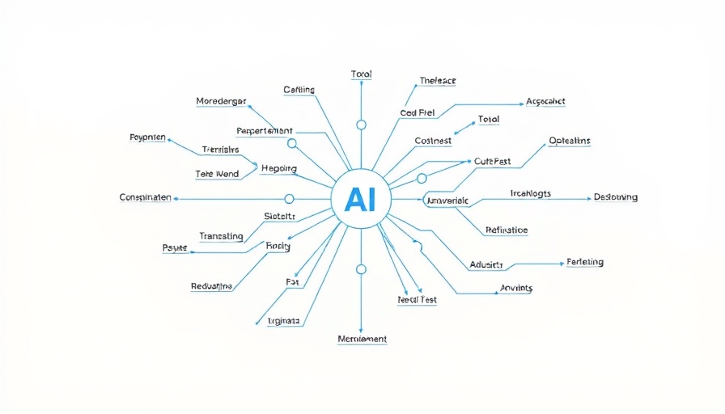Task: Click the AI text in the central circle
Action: (x=361, y=200)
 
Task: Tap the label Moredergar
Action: (x=221, y=101)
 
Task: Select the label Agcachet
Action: (x=545, y=102)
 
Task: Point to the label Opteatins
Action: (x=570, y=141)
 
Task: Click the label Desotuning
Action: (x=616, y=197)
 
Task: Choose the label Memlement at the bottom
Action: (x=362, y=339)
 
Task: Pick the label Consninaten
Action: (x=145, y=197)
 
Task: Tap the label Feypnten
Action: (x=147, y=137)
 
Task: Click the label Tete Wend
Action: (x=217, y=175)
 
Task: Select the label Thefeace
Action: (x=438, y=81)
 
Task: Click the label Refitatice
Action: (x=507, y=230)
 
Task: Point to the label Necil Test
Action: (x=418, y=300)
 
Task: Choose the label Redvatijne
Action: (x=212, y=286)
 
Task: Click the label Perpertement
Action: (x=265, y=130)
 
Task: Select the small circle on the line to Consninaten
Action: (x=289, y=198)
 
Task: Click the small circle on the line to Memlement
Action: (x=361, y=268)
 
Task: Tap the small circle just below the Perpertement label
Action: (x=292, y=143)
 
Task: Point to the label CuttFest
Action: (x=492, y=162)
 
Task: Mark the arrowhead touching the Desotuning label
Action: (x=589, y=198)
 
